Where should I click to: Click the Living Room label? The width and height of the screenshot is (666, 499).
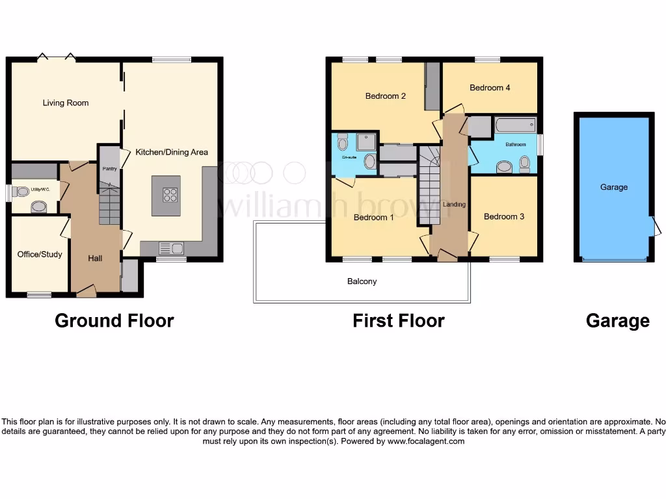[x=66, y=103]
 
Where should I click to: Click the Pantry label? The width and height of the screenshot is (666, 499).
[x=110, y=169]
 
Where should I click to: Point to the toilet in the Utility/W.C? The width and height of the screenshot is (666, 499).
[x=22, y=192]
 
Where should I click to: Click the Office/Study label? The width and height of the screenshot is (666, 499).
[x=40, y=254]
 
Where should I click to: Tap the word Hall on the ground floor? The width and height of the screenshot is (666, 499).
[x=96, y=259]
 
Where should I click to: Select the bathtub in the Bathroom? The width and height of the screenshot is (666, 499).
[x=514, y=125]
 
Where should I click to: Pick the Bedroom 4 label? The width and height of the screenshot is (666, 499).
[x=490, y=88]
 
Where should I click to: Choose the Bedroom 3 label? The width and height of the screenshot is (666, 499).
[x=504, y=216]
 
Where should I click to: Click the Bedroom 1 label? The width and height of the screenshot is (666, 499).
[x=374, y=218]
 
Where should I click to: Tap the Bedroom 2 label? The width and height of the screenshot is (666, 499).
[x=386, y=96]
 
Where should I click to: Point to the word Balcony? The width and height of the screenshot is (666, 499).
[x=362, y=281]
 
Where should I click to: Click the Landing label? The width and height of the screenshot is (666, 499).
[x=454, y=205]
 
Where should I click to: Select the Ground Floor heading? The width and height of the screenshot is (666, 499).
[x=114, y=320]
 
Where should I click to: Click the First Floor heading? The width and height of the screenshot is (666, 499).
[x=399, y=320]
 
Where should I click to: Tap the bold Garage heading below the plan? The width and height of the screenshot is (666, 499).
[x=617, y=320]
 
